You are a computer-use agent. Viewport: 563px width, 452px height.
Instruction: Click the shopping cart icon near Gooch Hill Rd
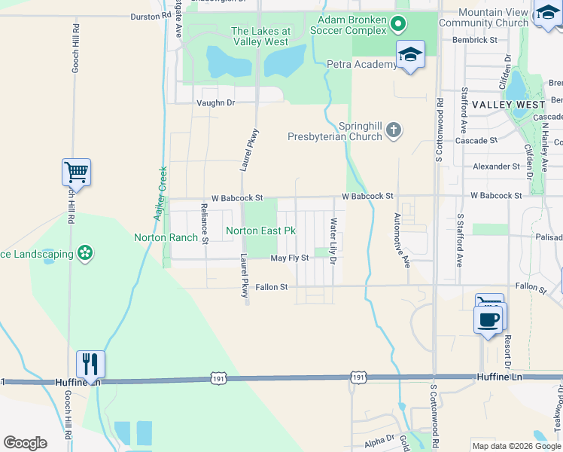76,173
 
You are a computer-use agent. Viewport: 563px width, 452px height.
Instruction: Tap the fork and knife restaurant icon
90,365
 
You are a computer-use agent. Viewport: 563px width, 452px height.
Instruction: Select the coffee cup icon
488,318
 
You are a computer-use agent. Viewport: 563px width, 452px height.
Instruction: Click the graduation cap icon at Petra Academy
409,54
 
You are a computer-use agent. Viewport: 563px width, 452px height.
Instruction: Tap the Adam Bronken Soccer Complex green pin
399,25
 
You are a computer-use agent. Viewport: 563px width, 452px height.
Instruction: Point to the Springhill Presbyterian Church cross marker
393,131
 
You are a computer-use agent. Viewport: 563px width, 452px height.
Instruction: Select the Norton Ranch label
165,237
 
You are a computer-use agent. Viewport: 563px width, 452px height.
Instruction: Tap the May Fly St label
290,258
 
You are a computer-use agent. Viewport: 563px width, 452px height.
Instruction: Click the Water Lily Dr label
333,241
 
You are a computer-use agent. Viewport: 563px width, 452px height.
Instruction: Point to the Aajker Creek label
160,193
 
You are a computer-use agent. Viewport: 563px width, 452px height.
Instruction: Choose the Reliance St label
204,223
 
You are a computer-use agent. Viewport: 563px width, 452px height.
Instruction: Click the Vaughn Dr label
215,102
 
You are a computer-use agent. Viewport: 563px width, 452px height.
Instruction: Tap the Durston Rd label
151,15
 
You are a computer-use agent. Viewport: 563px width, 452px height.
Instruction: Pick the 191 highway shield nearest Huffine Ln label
358,375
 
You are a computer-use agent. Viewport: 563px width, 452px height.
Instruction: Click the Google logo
25,443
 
